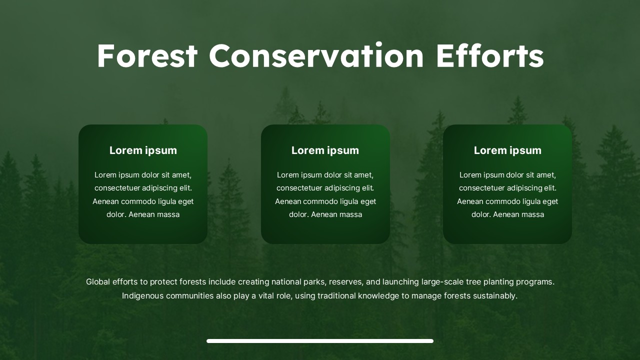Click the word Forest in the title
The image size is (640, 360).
click(x=147, y=55)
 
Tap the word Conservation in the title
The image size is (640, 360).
click(x=316, y=55)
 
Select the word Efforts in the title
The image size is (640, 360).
click(x=489, y=55)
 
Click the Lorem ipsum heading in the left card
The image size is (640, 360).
click(x=143, y=150)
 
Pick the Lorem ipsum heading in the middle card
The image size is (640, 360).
click(x=325, y=150)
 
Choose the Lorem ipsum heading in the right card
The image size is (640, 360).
click(x=507, y=150)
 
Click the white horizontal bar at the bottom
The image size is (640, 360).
click(x=320, y=341)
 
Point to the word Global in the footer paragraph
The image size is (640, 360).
click(x=97, y=282)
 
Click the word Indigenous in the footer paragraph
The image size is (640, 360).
click(x=142, y=296)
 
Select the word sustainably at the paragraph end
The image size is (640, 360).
click(x=495, y=296)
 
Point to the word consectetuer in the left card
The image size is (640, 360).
click(x=117, y=188)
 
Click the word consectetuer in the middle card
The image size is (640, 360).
click(x=299, y=188)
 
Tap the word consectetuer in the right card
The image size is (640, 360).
click(x=481, y=188)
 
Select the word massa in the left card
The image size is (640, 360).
click(x=168, y=214)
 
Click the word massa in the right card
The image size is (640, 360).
click(x=533, y=214)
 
